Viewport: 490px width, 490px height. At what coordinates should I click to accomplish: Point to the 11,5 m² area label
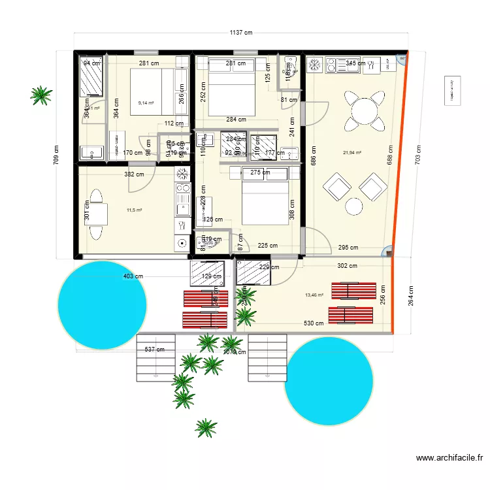[x=134, y=210]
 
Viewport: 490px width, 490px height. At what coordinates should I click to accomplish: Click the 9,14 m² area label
[x=146, y=103]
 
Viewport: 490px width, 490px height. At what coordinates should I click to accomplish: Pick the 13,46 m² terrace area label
[x=314, y=295]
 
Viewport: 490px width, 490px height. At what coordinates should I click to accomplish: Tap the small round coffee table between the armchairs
[x=353, y=206]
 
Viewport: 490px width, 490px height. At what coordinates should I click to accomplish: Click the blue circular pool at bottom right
[x=329, y=381]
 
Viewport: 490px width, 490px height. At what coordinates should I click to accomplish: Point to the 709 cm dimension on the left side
[x=56, y=154]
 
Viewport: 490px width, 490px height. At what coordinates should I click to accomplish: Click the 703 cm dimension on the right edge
[x=419, y=154]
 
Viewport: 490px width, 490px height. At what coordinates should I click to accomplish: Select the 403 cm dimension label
[x=133, y=276]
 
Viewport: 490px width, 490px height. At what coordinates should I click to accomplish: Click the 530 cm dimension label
[x=314, y=323]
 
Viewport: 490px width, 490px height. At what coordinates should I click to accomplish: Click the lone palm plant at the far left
[x=42, y=95]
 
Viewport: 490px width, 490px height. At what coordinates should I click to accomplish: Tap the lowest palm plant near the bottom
[x=206, y=428]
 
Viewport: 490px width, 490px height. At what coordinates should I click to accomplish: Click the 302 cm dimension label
[x=348, y=266]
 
